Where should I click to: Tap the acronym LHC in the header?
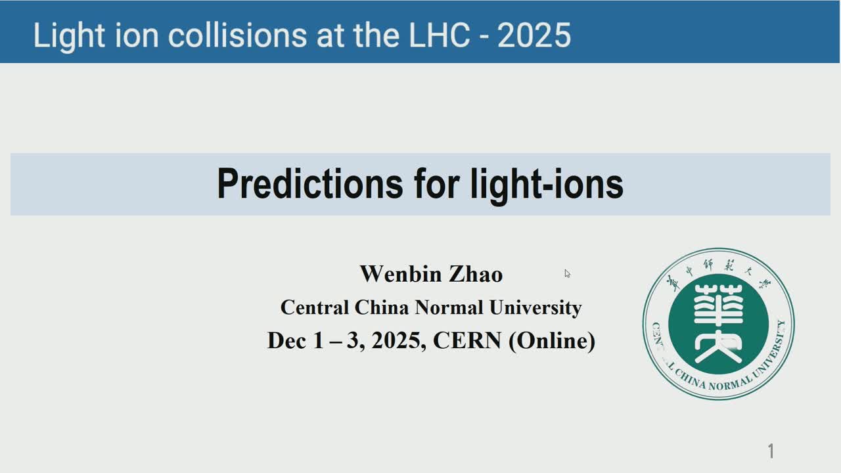pos(439,35)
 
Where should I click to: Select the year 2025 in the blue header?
pos(534,35)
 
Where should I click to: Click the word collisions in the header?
pos(237,35)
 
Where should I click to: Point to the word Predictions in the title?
pos(310,183)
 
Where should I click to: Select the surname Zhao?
pos(476,274)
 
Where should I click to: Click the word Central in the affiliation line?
pos(315,307)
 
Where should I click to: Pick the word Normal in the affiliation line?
pos(449,307)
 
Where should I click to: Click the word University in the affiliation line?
pos(535,308)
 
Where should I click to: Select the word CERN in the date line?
pos(467,340)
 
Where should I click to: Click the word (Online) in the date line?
pos(552,341)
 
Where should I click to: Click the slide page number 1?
pos(771,451)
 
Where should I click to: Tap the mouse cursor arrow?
pos(567,274)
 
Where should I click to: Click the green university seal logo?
pos(719,324)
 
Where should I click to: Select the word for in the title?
pos(437,183)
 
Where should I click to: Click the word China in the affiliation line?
pos(382,307)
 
